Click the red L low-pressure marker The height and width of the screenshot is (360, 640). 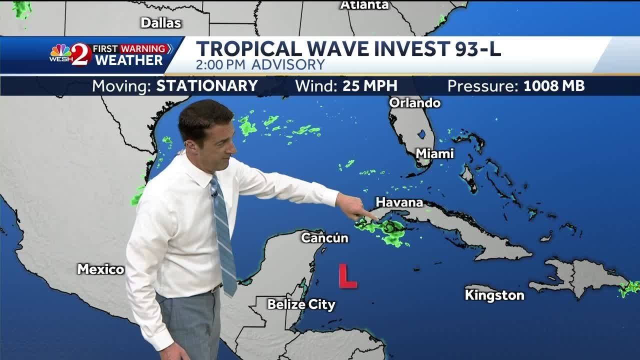pyautogui.click(x=347, y=276)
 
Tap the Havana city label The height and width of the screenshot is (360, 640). pyautogui.click(x=399, y=202)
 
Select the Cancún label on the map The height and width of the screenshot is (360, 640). pyautogui.click(x=324, y=237)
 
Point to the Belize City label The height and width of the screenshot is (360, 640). pyautogui.click(x=301, y=304)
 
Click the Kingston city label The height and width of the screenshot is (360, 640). pyautogui.click(x=494, y=295)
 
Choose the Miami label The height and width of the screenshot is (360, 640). pyautogui.click(x=434, y=153)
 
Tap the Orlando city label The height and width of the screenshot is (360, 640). pyautogui.click(x=414, y=103)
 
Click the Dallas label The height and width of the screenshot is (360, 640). pyautogui.click(x=160, y=22)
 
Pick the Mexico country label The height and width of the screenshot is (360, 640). pyautogui.click(x=100, y=269)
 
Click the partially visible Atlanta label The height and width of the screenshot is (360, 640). pyautogui.click(x=364, y=5)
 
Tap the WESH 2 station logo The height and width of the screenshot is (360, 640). pyautogui.click(x=70, y=54)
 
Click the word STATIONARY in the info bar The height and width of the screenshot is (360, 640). pyautogui.click(x=207, y=86)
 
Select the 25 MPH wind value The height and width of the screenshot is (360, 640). pyautogui.click(x=369, y=86)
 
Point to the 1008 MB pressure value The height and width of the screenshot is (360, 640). pyautogui.click(x=554, y=86)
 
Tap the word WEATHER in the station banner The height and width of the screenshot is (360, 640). pyautogui.click(x=128, y=60)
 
